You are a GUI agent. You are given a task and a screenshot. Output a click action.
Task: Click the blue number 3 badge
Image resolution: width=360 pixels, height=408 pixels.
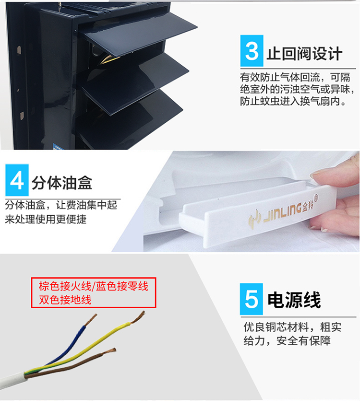pyautogui.click(x=252, y=51)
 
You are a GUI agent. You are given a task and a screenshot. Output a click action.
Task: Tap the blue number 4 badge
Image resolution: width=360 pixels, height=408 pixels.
pyautogui.click(x=17, y=180)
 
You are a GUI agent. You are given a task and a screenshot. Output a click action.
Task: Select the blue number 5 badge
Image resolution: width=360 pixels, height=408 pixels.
pyautogui.click(x=252, y=299)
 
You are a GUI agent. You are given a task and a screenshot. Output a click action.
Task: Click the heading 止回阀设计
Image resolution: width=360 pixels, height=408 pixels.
pyautogui.click(x=304, y=54)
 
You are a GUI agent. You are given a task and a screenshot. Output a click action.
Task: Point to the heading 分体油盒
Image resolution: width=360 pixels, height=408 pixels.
pyautogui.click(x=62, y=183)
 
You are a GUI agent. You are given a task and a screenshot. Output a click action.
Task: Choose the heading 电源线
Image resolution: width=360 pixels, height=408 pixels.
pyautogui.click(x=294, y=300)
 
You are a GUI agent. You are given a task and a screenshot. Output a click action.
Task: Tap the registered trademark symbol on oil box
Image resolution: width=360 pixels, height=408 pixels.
pyautogui.click(x=315, y=197)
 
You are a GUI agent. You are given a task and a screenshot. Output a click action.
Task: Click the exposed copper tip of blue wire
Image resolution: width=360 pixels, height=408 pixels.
pyautogui.click(x=91, y=320)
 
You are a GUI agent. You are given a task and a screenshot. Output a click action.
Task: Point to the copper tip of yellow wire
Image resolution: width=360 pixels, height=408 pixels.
pyautogui.click(x=138, y=317)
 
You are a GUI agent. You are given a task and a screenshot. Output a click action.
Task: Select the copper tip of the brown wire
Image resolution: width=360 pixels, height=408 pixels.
pyautogui.click(x=110, y=351)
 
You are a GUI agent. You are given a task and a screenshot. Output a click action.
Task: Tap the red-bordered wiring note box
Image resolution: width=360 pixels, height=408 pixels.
pyautogui.click(x=94, y=292)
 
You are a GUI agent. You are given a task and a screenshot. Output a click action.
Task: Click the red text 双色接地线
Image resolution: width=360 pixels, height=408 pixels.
pyautogui.click(x=65, y=300)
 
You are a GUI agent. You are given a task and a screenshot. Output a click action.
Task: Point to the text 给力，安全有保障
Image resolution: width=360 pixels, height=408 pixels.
pyautogui.click(x=287, y=340)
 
